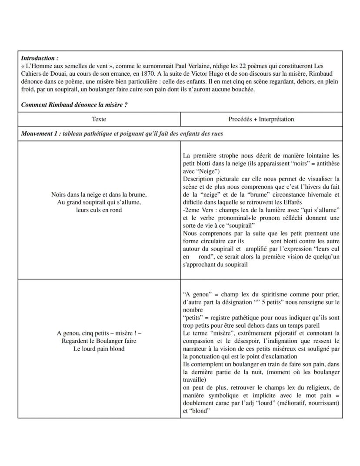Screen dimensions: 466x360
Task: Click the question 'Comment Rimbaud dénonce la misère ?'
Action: [74, 105]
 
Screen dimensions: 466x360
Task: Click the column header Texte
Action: [99, 119]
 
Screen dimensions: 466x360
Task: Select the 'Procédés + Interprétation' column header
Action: [261, 119]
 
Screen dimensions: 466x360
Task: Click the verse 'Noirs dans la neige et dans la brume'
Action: [99, 194]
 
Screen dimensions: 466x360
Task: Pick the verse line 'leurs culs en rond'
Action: [99, 210]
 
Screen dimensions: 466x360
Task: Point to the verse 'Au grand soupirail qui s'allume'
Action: [99, 202]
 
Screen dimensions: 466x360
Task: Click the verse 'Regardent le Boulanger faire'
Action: [99, 341]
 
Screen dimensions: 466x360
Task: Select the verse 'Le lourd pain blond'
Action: [99, 349]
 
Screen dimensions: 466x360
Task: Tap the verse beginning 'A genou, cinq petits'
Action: [99, 333]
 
